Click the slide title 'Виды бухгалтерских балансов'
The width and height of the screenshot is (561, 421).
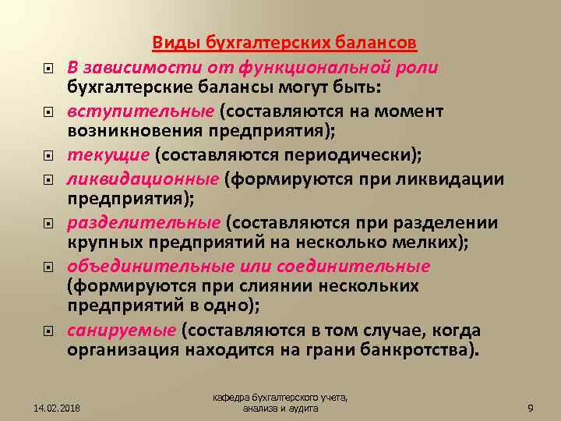coord(284,41)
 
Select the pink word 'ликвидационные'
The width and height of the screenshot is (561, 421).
coord(142,179)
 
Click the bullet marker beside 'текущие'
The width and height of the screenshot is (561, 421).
coord(48,156)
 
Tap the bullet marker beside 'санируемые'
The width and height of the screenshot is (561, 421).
coord(48,331)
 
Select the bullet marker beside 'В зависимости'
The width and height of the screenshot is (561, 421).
coord(48,68)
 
